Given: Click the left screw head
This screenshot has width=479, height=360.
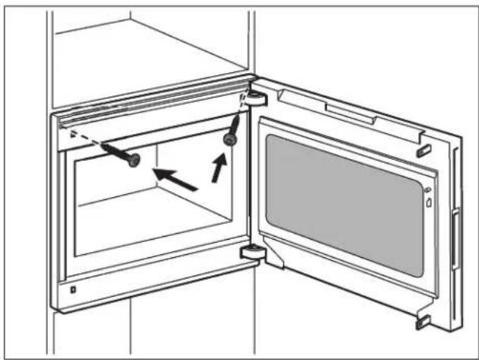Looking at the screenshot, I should click(134, 161).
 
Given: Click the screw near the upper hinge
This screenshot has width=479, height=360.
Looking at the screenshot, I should click(228, 139).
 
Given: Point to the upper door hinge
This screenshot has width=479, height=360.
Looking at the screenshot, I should click(254, 97).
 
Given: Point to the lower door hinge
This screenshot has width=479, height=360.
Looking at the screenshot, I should click(251, 253).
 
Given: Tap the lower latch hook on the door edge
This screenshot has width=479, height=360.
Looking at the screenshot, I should click(423, 320).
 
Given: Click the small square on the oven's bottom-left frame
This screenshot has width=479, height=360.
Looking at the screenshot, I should click(72, 288).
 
